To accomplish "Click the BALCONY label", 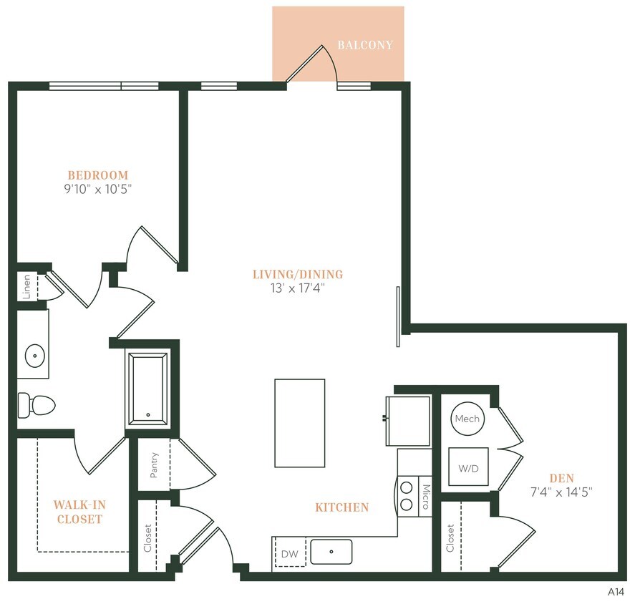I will tap(365, 45).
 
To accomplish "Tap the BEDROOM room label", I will tap(98, 175).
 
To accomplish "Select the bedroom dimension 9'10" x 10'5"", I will tap(98, 190).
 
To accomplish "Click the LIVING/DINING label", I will tap(298, 274).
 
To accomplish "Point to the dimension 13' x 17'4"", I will tap(298, 288).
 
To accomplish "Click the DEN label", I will tap(562, 477).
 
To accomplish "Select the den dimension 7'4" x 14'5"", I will tap(562, 492).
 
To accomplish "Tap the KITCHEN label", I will tap(342, 507).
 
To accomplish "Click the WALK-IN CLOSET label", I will tap(79, 512).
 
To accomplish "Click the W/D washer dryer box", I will tap(468, 469).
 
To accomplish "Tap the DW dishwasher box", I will tap(290, 552).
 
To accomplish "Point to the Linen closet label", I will tap(26, 286).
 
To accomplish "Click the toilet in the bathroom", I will tap(36, 405).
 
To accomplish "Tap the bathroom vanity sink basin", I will tap(34, 354).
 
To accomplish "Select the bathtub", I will tap(148, 389).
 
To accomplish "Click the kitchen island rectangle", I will tap(299, 423).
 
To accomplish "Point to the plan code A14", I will tap(616, 592).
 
